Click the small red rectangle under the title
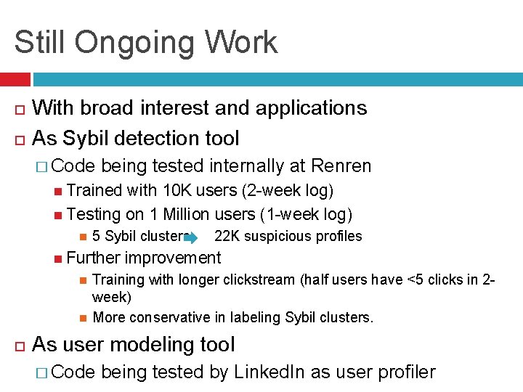(15, 79)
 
